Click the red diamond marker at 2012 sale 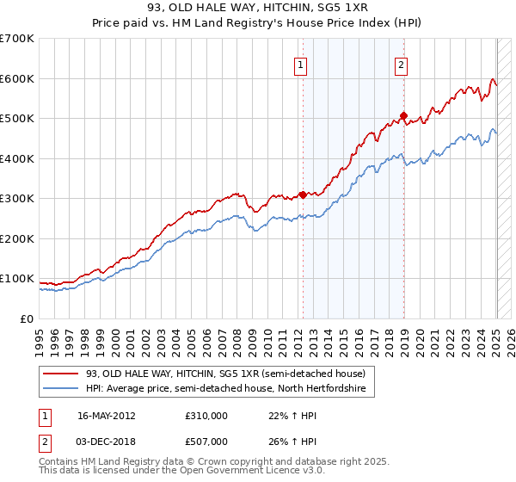coord(302,195)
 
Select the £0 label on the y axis coord(28,318)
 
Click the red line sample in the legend coord(61,374)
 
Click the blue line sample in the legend coord(61,389)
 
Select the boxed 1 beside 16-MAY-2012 coord(43,415)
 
